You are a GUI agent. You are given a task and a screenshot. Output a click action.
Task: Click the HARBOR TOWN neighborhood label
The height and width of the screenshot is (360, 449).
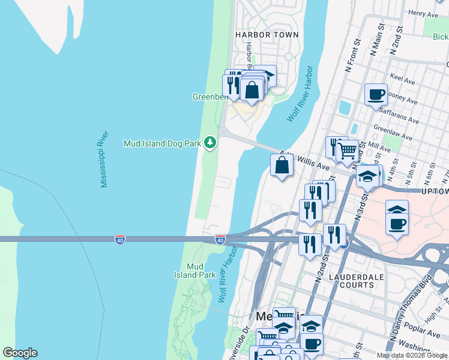point(267,35)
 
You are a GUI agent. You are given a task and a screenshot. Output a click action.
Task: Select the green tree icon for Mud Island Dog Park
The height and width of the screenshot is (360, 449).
point(210,143)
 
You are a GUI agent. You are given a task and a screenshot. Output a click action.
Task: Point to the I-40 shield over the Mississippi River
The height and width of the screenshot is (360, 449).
point(120,239)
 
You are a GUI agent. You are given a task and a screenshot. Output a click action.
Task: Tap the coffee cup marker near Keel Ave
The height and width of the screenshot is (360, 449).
point(376,94)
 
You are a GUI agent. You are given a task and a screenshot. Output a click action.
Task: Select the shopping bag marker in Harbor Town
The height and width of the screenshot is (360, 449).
point(253,89)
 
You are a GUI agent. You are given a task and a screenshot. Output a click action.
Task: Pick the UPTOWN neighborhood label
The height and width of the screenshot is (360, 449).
point(435,191)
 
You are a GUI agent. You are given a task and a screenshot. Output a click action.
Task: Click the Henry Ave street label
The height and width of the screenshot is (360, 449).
point(424,13)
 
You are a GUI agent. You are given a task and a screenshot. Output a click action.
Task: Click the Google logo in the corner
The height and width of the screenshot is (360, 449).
point(20,353)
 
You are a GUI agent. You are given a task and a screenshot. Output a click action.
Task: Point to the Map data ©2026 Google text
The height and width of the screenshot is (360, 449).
point(412,355)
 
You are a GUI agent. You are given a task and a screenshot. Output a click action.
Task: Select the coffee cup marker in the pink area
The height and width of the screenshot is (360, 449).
point(397,224)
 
